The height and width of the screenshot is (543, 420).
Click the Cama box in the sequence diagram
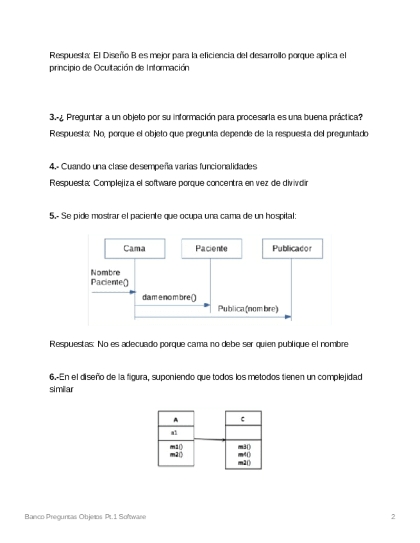click(134, 248)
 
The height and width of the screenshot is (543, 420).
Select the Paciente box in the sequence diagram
click(211, 248)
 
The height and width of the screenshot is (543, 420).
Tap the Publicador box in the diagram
click(292, 248)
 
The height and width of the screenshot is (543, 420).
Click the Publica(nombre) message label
click(248, 309)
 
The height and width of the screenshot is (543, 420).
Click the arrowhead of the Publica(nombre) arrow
click(289, 316)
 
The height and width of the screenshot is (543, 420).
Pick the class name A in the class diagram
click(176, 420)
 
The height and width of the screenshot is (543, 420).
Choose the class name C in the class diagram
click(242, 420)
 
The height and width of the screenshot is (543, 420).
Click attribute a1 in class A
click(174, 433)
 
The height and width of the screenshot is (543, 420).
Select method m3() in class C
click(244, 447)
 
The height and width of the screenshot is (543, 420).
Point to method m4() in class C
click(244, 454)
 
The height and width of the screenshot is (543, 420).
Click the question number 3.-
click(55, 117)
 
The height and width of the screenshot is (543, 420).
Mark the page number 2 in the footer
click(393, 516)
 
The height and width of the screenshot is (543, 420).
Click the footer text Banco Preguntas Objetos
click(63, 516)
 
